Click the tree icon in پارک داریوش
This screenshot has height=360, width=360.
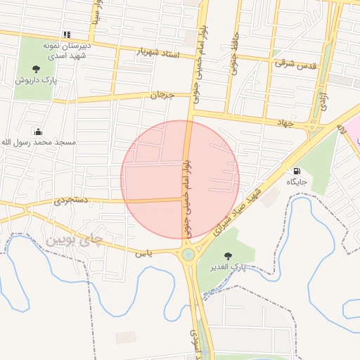click(x=36, y=68)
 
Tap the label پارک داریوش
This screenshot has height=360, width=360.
click(x=35, y=80)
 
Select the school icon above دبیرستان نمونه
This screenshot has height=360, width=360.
click(x=67, y=34)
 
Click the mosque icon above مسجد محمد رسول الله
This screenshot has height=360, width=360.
click(x=38, y=131)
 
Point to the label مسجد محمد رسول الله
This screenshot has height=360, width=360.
click(x=38, y=143)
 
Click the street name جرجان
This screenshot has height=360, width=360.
click(x=161, y=94)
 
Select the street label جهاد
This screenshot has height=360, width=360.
click(x=283, y=122)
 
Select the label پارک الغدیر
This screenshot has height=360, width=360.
click(x=229, y=268)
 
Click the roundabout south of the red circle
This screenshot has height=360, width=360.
click(x=188, y=254)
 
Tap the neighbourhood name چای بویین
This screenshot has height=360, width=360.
click(x=73, y=240)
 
